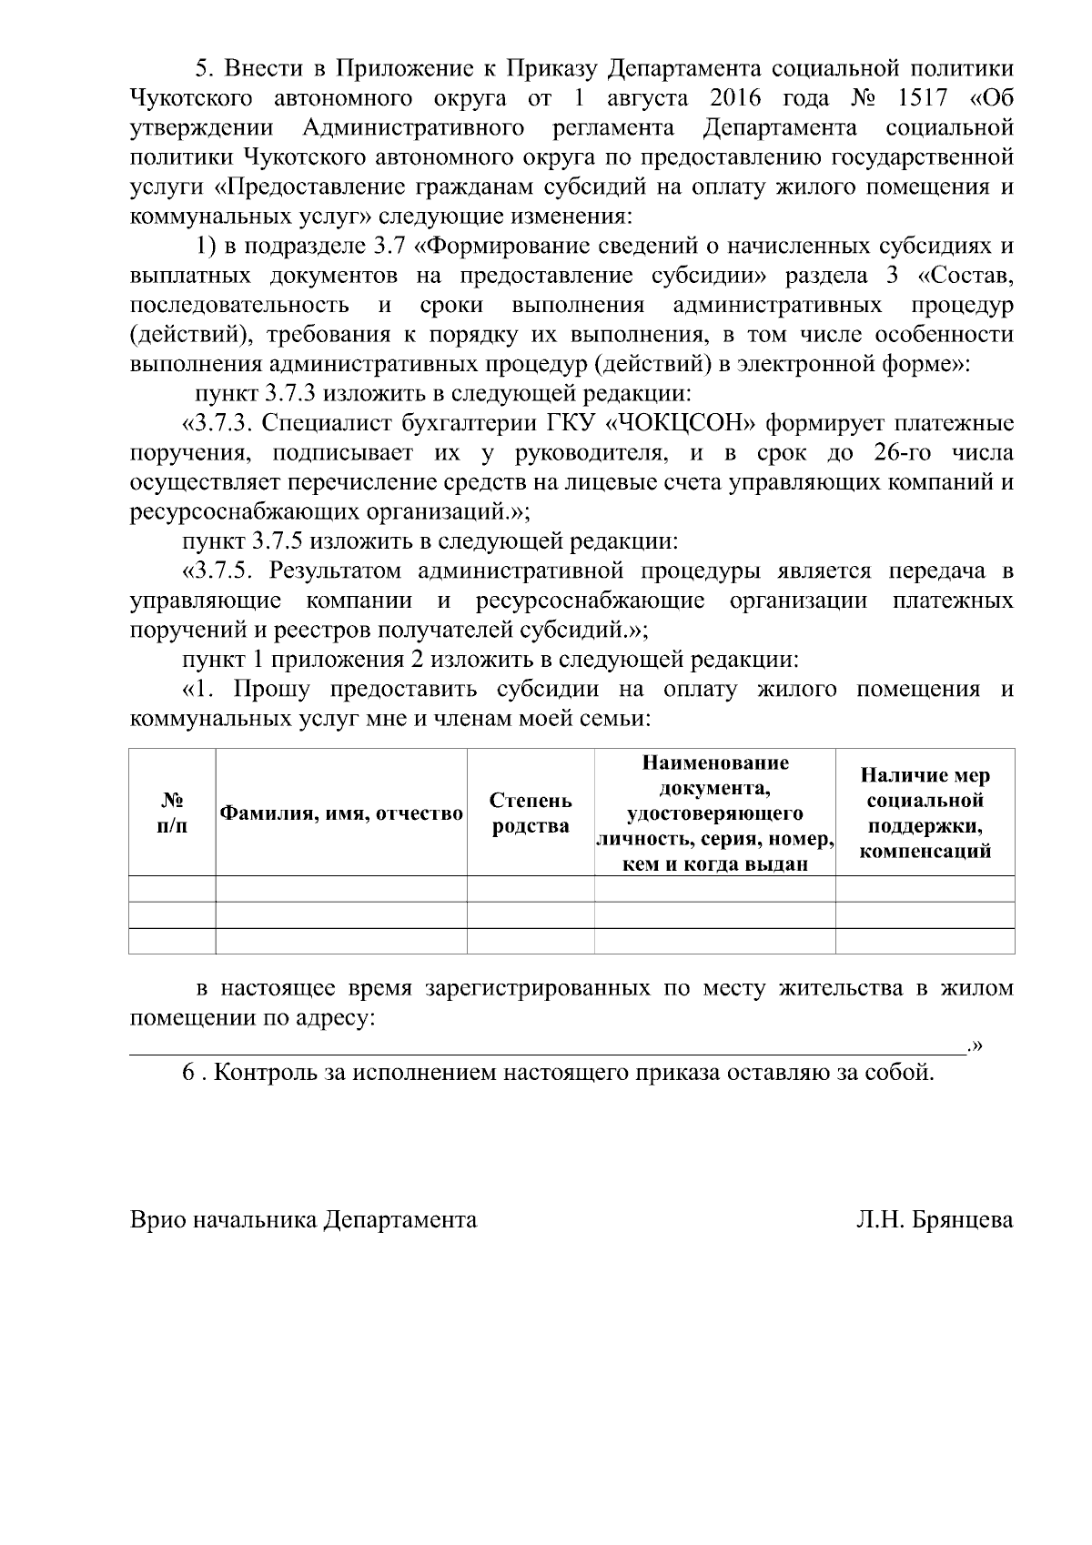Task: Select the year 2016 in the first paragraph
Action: [x=735, y=98]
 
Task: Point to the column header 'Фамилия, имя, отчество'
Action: [x=342, y=813]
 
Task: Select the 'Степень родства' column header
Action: [x=531, y=813]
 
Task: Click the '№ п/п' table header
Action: [x=172, y=813]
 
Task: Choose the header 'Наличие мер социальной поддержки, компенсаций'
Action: [x=925, y=813]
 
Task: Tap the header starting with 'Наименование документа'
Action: [x=714, y=813]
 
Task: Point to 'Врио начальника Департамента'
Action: [x=304, y=1220]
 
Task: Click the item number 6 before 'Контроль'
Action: [x=188, y=1073]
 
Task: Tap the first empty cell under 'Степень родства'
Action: [x=531, y=888]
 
